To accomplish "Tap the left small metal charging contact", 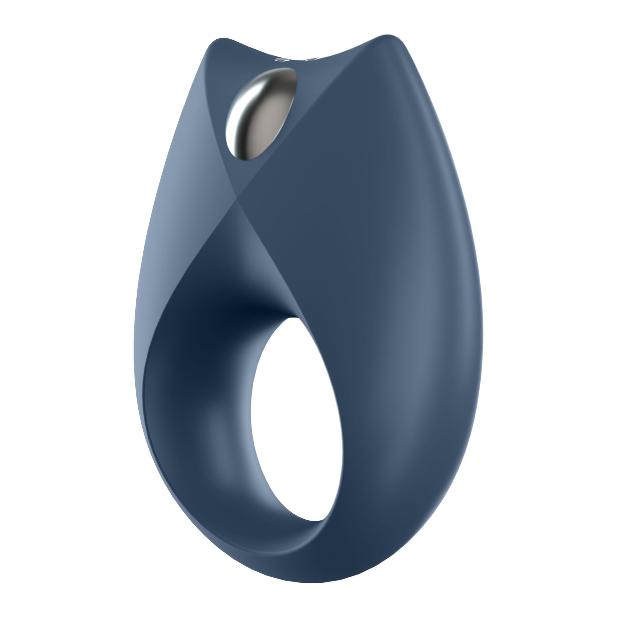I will [x=282, y=59].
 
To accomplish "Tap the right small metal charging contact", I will [x=311, y=59].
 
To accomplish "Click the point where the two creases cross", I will [x=237, y=198].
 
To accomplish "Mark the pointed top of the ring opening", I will [x=291, y=319].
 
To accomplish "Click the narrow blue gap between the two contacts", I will [x=297, y=60].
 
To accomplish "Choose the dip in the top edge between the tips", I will [x=297, y=54].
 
